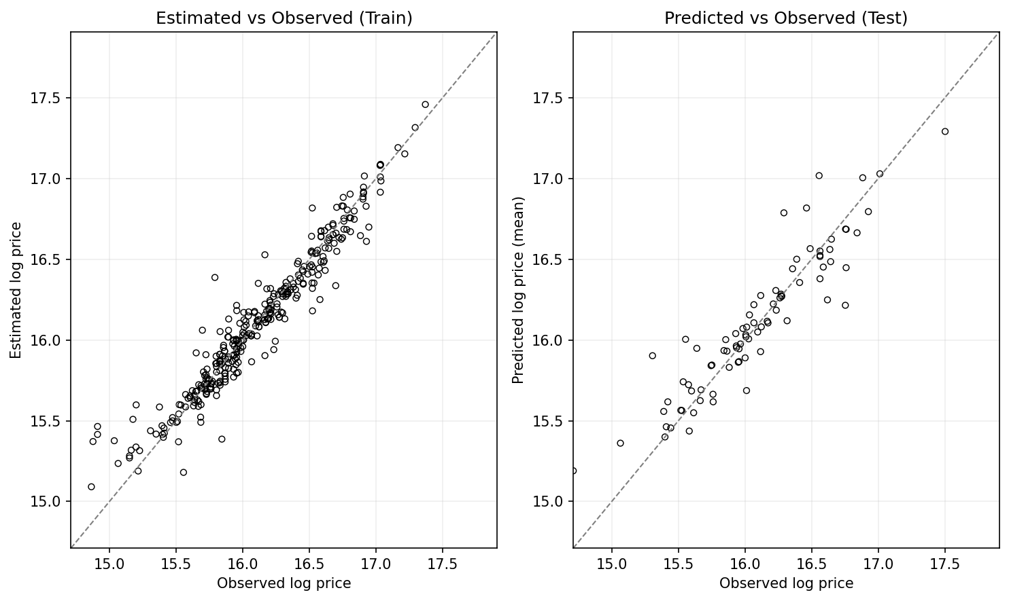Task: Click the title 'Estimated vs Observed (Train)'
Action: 284,18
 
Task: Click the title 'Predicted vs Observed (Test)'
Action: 785,18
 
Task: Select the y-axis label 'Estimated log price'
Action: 16,290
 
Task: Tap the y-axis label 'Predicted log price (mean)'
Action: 518,290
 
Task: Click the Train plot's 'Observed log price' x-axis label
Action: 284,583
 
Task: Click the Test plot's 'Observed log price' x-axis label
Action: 786,583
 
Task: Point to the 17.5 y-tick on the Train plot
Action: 46,98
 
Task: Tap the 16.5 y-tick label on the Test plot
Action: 548,260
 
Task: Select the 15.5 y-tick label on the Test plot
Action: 548,421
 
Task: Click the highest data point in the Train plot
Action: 425,105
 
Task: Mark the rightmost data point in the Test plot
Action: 944,132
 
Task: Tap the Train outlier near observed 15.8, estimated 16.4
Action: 214,278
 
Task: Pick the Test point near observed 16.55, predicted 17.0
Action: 819,176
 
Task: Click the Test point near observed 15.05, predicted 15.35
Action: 619,443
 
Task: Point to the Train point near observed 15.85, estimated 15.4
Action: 222,439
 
